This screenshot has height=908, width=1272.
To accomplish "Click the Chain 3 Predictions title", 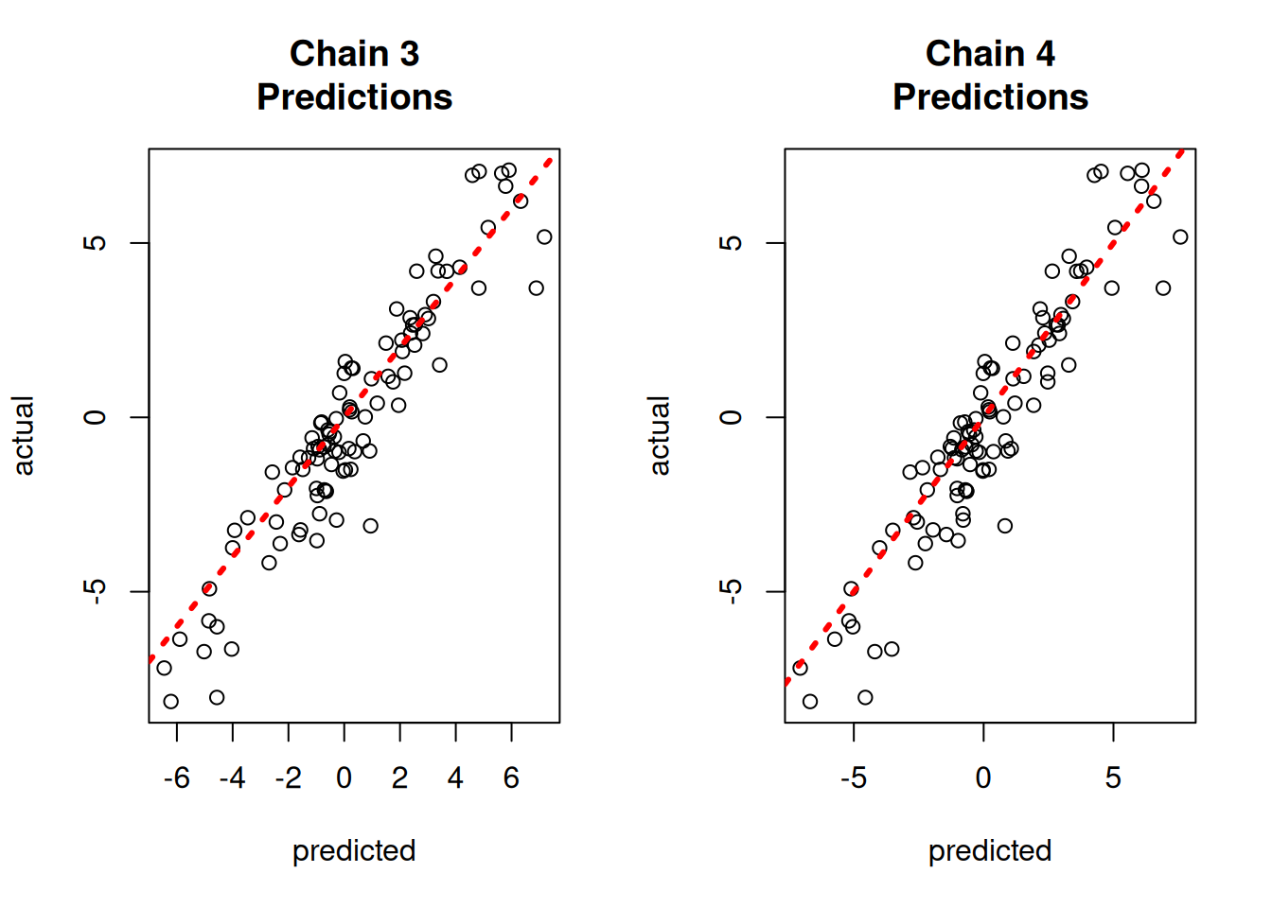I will tap(354, 76).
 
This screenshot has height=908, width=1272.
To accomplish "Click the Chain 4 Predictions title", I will tap(990, 76).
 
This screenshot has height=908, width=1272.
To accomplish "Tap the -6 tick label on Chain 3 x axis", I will tap(176, 778).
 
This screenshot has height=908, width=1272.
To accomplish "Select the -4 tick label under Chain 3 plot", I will tap(232, 778).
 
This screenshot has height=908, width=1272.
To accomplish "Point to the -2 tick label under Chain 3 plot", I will tap(288, 778).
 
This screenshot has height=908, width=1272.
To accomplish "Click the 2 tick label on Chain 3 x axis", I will tap(399, 778).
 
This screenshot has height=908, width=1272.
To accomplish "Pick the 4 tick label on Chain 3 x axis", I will tap(455, 778).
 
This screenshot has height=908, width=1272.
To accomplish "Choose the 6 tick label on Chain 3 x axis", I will tap(511, 778).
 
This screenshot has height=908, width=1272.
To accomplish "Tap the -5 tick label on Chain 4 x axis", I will tap(853, 778).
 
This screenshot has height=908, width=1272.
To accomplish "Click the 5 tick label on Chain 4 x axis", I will tap(1113, 778).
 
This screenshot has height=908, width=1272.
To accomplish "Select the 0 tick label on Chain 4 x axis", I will tap(983, 778).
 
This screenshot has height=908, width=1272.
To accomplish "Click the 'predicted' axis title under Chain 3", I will tap(354, 850).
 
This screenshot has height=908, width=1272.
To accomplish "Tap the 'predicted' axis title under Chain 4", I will tap(990, 850).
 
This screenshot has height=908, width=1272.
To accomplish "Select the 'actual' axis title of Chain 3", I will tap(24, 436).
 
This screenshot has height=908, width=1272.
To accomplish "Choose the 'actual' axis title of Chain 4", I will tap(660, 436).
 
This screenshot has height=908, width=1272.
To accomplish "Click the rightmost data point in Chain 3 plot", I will tap(544, 237).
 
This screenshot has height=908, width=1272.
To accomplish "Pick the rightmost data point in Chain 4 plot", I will tap(1180, 237).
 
